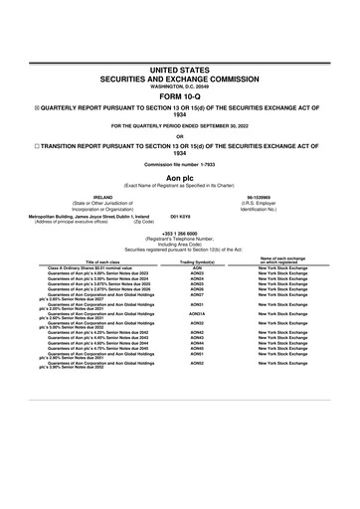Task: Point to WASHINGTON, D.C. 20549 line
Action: point(180,86)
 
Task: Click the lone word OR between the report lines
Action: point(180,137)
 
